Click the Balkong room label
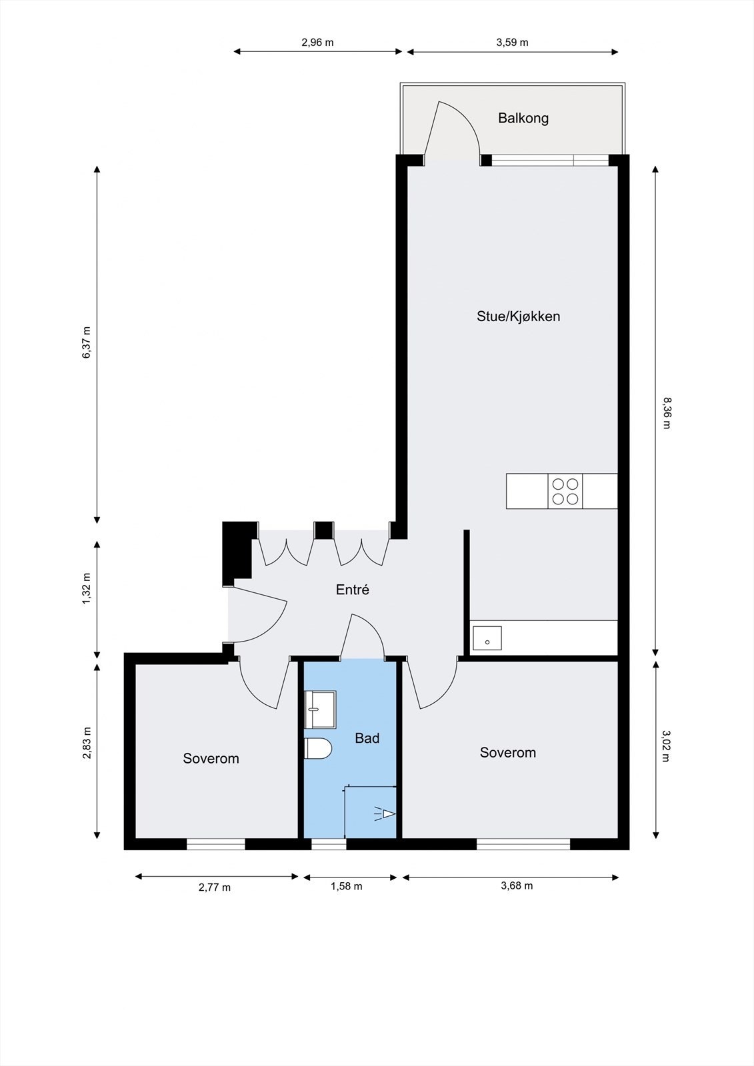[x=523, y=118]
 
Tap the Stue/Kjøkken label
[x=518, y=316]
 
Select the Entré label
[x=353, y=590]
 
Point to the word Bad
[x=367, y=738]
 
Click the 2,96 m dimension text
[x=318, y=43]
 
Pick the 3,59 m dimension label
[x=513, y=43]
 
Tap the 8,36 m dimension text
[x=667, y=413]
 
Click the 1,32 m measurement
[x=87, y=589]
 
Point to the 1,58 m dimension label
[x=346, y=886]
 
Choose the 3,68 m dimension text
[x=517, y=885]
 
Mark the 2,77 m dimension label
[x=215, y=887]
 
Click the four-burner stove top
[x=565, y=492]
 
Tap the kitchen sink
[x=487, y=639]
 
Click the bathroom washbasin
[x=320, y=709]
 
